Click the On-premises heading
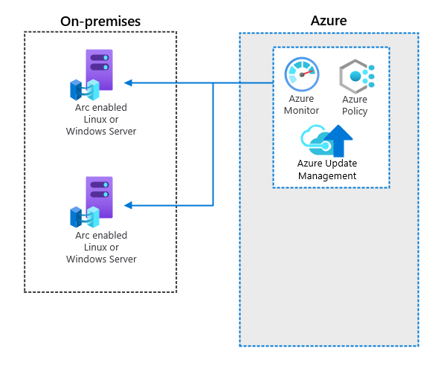coord(100,22)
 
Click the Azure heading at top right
coord(329,21)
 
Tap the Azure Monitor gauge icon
coord(302,74)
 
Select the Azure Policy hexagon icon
coord(357,77)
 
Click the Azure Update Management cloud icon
coord(326,141)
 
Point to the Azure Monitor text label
coord(301,105)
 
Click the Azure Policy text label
coord(355,105)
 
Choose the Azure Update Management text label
coord(327,170)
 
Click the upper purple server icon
coord(99,70)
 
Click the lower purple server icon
coord(99,197)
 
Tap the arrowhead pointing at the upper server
coord(128,83)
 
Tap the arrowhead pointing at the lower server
coord(128,205)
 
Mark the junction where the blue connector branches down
coord(213,83)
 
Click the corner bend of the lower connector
coord(213,205)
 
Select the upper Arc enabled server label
coord(101,119)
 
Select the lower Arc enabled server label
coord(101,247)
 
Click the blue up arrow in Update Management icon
coord(338,141)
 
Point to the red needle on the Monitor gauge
coord(307,73)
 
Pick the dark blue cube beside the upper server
coord(76,90)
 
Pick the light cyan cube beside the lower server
coord(93,217)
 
